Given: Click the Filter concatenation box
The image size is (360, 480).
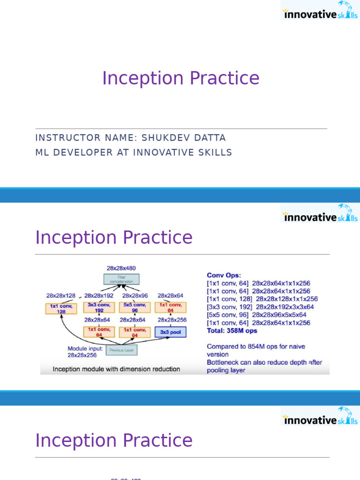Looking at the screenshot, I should point(121,279).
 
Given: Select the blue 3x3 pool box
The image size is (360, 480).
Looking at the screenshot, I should point(170,332).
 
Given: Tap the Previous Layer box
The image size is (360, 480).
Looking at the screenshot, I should point(121,350).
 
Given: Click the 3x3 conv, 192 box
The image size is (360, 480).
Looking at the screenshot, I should point(99,307).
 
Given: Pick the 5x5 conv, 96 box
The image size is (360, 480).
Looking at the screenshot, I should point(135,307).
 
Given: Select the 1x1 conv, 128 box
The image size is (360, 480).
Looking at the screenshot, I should point(61,308).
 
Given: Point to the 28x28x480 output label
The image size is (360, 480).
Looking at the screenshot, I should point(121,268).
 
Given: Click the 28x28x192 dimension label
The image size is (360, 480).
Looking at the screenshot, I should point(99,296).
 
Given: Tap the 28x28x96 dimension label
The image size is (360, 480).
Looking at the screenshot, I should point(135,296).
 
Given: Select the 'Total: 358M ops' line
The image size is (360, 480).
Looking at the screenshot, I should point(232,330).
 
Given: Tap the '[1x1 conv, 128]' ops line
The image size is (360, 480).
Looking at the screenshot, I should point(262,299).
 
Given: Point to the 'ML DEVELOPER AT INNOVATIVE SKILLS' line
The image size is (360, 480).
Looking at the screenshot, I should point(134,152).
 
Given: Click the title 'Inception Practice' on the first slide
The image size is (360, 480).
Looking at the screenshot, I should point(180,78).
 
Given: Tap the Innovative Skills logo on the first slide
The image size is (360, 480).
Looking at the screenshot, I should point(320,10).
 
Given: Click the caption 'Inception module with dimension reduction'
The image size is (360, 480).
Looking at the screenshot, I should point(116,369).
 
